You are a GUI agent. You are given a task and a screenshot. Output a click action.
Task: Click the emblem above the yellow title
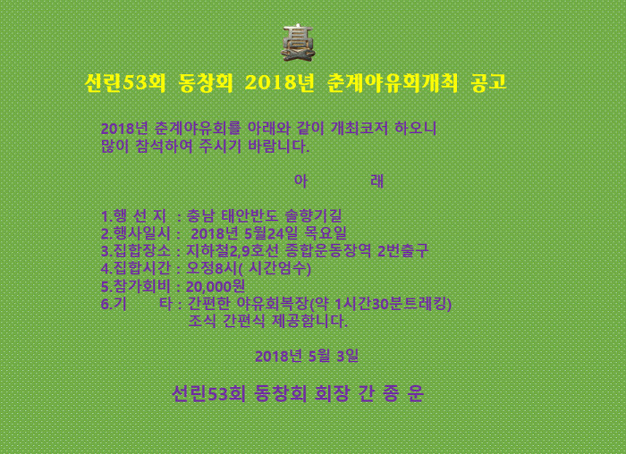[299, 43]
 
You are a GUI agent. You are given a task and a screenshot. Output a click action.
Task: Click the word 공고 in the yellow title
[488, 83]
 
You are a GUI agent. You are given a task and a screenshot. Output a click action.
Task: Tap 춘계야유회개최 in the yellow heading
[393, 83]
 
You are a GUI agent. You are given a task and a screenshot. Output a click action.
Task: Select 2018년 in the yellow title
[280, 83]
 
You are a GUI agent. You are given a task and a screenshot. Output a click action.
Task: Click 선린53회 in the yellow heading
[125, 83]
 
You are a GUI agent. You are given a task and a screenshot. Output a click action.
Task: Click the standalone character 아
[300, 181]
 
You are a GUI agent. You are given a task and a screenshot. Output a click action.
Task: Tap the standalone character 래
[376, 181]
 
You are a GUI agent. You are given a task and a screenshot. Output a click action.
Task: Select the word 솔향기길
[313, 216]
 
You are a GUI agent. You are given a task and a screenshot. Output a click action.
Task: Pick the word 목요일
[326, 233]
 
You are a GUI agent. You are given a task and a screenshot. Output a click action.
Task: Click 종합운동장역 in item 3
[328, 250]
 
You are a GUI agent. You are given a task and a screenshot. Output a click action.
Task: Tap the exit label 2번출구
[402, 250]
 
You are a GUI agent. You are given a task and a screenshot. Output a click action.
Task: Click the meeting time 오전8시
[212, 268]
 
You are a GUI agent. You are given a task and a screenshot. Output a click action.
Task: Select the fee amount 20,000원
[216, 286]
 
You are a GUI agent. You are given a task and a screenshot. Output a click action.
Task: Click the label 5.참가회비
[136, 286]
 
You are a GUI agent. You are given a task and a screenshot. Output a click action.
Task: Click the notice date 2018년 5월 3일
[307, 356]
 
